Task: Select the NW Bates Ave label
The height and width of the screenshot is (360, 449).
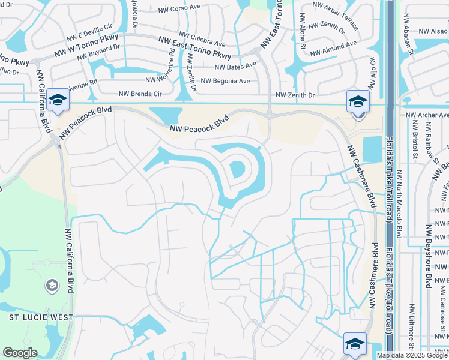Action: point(233,67)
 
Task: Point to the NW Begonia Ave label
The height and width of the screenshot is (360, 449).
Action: point(225,81)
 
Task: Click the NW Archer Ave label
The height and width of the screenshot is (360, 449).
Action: point(427,114)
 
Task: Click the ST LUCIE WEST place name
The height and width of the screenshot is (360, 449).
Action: point(41,317)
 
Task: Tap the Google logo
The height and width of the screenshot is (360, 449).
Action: point(20,353)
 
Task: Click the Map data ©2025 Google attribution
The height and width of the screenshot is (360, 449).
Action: point(412,355)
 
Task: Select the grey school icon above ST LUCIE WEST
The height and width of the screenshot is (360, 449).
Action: point(52,286)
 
